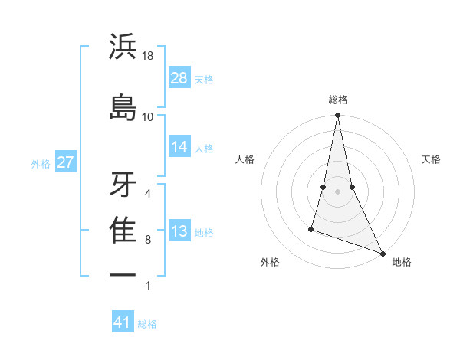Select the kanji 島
click(x=123, y=106)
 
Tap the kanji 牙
click(x=123, y=183)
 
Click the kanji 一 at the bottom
click(x=123, y=274)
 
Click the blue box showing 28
click(x=179, y=78)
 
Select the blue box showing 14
click(x=179, y=147)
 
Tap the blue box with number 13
click(x=179, y=231)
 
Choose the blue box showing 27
click(x=65, y=162)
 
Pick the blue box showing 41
click(x=123, y=322)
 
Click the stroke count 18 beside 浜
click(x=148, y=56)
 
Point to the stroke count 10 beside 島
click(x=148, y=116)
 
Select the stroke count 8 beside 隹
click(x=148, y=239)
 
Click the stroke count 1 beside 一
click(x=148, y=286)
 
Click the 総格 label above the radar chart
click(x=338, y=100)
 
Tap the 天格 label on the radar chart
click(x=432, y=159)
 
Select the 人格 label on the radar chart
click(x=245, y=159)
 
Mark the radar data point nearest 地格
click(x=383, y=253)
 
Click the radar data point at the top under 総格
click(x=337, y=116)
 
